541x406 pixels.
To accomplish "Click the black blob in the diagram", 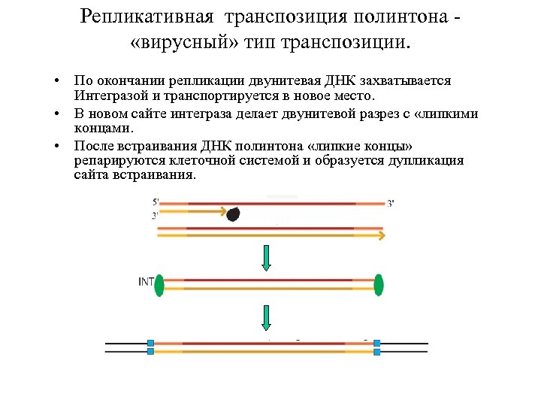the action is (234, 214).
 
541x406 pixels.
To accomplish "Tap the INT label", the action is (147, 283).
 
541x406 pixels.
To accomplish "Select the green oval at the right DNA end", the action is (379, 285).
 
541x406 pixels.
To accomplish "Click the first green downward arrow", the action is (266, 257).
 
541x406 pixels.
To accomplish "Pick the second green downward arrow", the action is (266, 318).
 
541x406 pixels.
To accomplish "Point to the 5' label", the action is (156, 202).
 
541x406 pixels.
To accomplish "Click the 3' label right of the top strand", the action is (390, 204).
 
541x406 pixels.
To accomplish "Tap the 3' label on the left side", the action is (156, 215).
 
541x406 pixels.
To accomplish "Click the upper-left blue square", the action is (150, 343).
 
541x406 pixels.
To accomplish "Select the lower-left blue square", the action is (150, 351).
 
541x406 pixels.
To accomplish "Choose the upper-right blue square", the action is (377, 343).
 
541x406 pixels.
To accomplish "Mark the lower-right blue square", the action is (377, 351).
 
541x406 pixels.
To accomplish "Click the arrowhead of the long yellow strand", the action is (382, 235).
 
